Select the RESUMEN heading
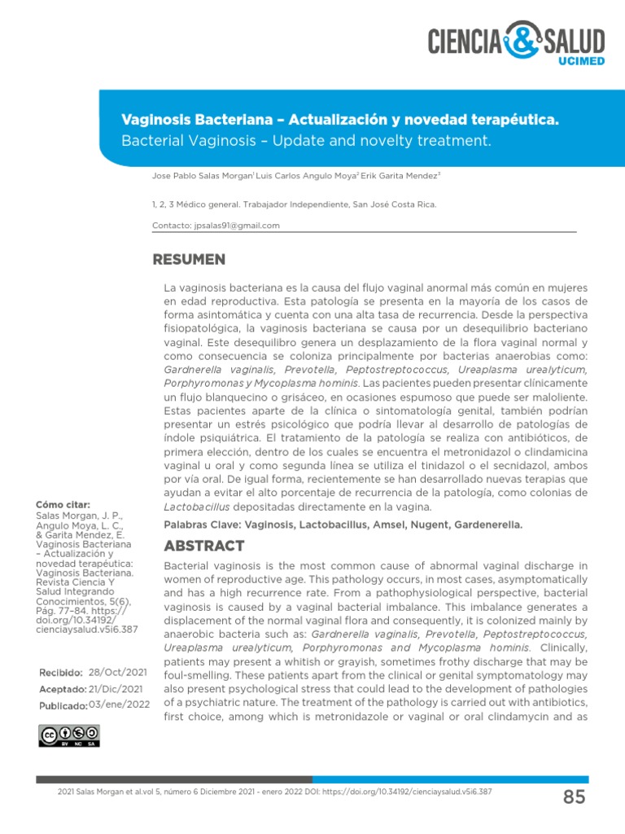coord(189,260)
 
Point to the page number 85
coord(574,797)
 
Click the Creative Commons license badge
coord(68,735)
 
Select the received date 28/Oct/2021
coord(117,673)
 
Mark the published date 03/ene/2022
coord(119,705)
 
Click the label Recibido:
coord(61,673)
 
